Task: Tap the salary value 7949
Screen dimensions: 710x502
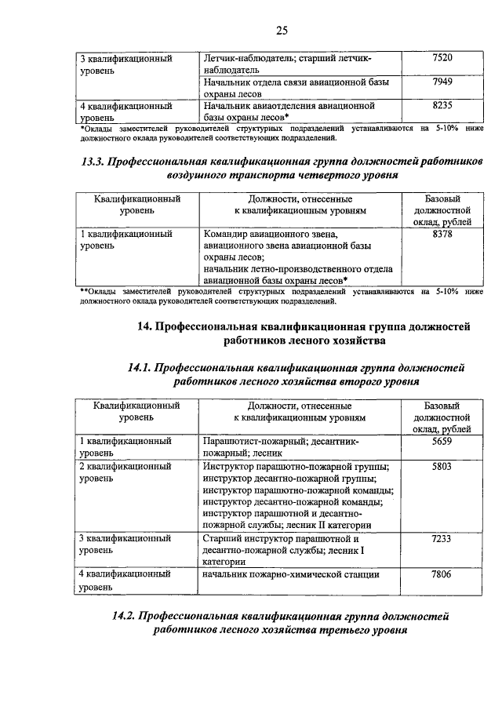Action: click(442, 82)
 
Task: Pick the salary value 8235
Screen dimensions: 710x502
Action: click(442, 104)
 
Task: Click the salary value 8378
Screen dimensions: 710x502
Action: click(442, 234)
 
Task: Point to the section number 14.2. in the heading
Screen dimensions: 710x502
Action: click(130, 615)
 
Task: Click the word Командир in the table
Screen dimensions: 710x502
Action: click(227, 234)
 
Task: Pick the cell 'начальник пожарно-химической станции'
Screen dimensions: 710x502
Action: click(291, 575)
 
